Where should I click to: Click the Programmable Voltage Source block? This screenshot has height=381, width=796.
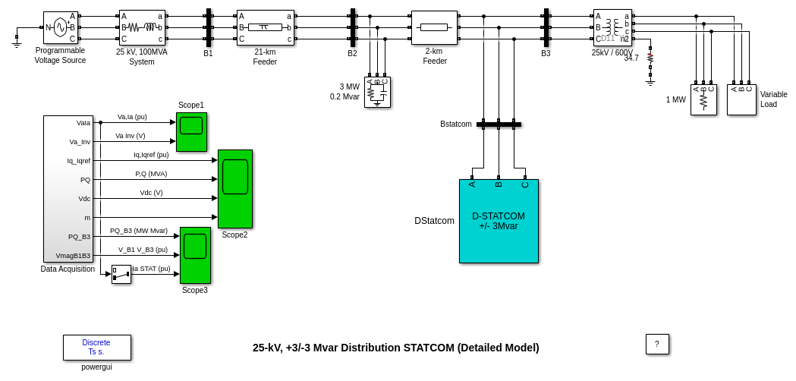(x=60, y=27)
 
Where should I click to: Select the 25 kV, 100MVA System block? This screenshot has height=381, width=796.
(x=142, y=27)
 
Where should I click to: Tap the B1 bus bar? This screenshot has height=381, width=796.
(x=208, y=27)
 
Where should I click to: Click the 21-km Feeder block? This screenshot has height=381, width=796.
(x=265, y=27)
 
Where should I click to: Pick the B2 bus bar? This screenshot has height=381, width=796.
(x=353, y=27)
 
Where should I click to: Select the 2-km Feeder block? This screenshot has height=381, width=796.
(x=434, y=27)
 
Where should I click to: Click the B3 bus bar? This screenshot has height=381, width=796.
(x=546, y=27)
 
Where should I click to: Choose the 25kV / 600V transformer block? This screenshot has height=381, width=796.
(x=612, y=27)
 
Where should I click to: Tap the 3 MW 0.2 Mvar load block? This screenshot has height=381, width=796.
(x=377, y=92)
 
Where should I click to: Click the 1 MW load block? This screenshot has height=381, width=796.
(x=703, y=99)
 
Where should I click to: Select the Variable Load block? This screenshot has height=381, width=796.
(x=741, y=99)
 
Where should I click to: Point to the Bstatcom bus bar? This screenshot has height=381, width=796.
(x=499, y=124)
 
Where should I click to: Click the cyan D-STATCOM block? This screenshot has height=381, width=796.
(x=499, y=221)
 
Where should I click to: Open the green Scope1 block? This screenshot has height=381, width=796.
(x=191, y=131)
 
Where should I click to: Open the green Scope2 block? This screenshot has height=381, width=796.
(x=235, y=188)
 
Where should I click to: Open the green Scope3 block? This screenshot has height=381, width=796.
(x=195, y=255)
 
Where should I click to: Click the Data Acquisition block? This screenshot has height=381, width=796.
(x=68, y=188)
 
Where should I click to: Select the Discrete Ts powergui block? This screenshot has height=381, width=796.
(x=96, y=347)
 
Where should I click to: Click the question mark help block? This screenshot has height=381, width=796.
(x=657, y=344)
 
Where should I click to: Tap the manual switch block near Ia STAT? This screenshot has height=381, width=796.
(x=121, y=274)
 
